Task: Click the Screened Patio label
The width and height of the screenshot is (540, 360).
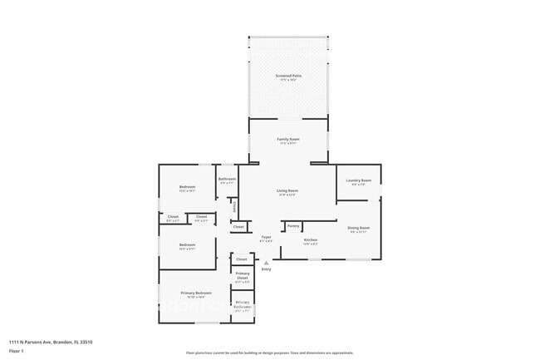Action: click(x=288, y=76)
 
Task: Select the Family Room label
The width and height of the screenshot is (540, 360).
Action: click(x=288, y=139)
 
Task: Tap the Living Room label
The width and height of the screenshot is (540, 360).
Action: click(x=287, y=190)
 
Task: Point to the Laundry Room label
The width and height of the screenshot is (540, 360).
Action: click(x=360, y=180)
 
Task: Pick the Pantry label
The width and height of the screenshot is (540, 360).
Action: click(x=292, y=225)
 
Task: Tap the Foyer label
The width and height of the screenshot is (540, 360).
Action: click(x=267, y=237)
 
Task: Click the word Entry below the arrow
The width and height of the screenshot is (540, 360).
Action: click(x=267, y=269)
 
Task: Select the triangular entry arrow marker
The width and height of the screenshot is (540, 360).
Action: click(x=267, y=263)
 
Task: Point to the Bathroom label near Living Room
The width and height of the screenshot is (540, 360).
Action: click(x=227, y=179)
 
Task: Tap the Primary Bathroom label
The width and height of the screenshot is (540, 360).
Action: click(x=243, y=304)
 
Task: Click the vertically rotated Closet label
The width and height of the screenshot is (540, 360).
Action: click(x=235, y=205)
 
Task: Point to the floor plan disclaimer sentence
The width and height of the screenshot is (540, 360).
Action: click(x=269, y=353)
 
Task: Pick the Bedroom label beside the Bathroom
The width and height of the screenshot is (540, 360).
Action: click(x=187, y=186)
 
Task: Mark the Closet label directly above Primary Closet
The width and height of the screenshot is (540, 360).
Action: click(x=242, y=259)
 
